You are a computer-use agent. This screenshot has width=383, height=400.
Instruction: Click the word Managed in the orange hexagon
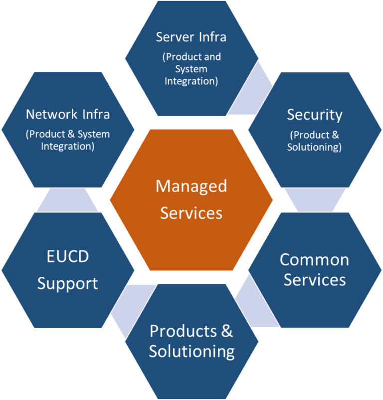click(x=191, y=187)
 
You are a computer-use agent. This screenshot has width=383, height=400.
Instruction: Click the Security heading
click(x=315, y=115)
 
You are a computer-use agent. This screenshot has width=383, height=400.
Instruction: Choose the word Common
click(x=315, y=259)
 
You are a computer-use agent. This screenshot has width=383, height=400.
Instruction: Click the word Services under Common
click(x=315, y=280)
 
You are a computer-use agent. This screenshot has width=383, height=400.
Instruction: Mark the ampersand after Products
click(x=227, y=331)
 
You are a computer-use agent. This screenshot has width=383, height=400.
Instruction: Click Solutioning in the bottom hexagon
click(x=192, y=351)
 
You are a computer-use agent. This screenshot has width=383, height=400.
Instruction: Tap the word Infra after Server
click(x=211, y=37)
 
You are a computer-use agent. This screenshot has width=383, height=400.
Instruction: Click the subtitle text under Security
click(x=315, y=141)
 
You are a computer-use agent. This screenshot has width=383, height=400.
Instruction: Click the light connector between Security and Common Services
click(x=315, y=200)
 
